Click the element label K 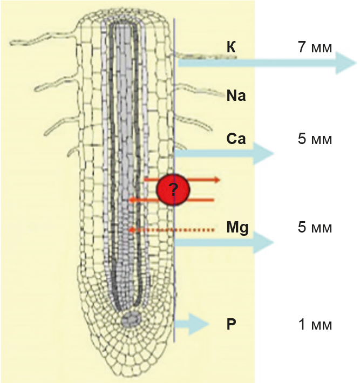pos(231,47)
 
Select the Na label pos(236,95)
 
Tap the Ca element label pos(236,139)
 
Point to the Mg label pos(237,228)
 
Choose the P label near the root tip pos(231,324)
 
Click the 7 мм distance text pos(315,47)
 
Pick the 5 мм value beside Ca pos(315,139)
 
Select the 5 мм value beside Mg pos(315,227)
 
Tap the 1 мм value pos(315,324)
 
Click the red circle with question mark pos(173,189)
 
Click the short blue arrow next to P pos(192,324)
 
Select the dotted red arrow pos(172,230)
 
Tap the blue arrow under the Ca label pos(224,154)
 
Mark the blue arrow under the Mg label pos(224,243)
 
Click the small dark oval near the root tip pos(132,319)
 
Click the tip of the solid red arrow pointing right pos(220,180)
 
